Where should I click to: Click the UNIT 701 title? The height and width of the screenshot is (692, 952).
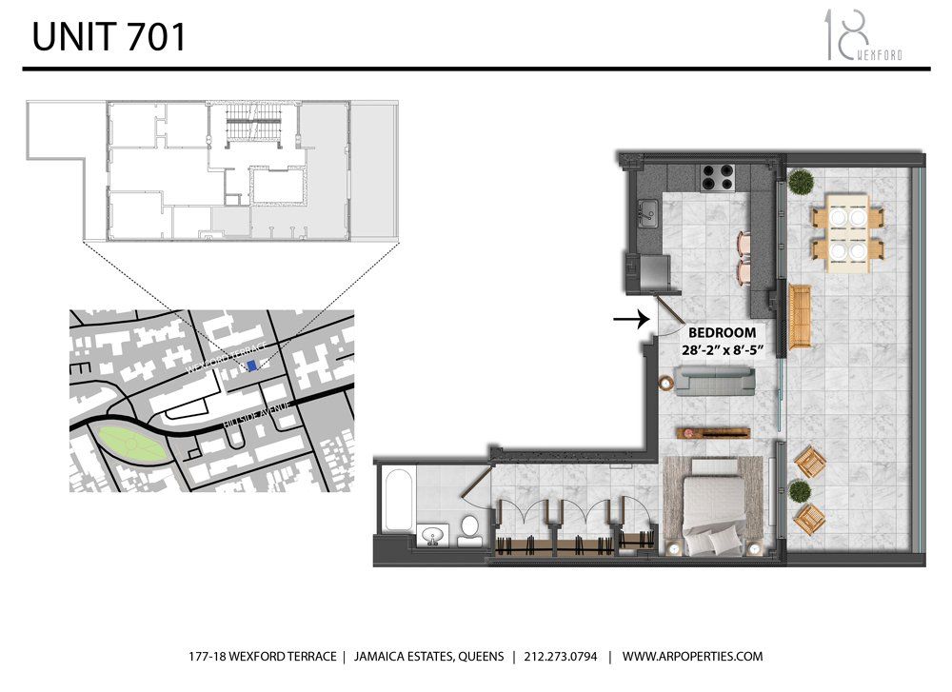click(109, 38)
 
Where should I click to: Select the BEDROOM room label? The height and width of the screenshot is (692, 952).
click(722, 333)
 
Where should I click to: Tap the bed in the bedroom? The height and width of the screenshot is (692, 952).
click(710, 503)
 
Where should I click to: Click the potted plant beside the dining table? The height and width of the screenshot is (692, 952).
click(799, 181)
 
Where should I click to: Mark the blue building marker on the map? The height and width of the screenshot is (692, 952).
click(250, 365)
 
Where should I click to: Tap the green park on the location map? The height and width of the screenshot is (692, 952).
click(131, 445)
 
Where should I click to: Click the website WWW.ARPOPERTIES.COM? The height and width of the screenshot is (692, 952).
click(693, 657)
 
